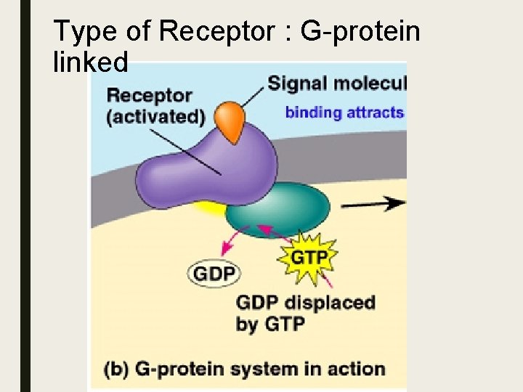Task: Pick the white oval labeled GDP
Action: (x=214, y=274)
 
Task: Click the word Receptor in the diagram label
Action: (x=149, y=95)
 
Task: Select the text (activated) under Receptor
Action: (x=155, y=117)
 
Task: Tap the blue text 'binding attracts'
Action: (x=344, y=112)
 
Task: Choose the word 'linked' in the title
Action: (x=91, y=62)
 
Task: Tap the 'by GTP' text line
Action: (x=269, y=324)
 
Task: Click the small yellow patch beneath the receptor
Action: (x=210, y=209)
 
